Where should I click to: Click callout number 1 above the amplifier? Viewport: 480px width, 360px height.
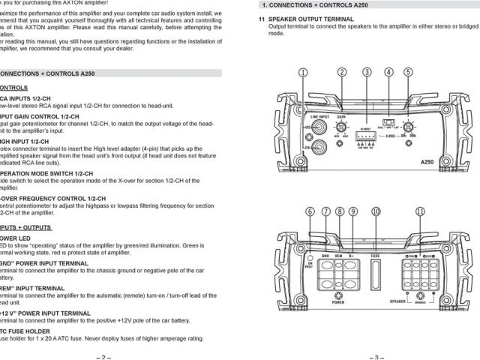(x=303, y=73)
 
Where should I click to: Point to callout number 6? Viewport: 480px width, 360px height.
(x=310, y=212)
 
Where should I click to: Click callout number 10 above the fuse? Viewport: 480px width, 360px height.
(x=376, y=212)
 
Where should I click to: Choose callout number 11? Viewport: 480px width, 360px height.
(x=421, y=212)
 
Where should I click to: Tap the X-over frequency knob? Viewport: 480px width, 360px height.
(x=408, y=127)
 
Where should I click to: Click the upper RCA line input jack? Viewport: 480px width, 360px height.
(x=319, y=128)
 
